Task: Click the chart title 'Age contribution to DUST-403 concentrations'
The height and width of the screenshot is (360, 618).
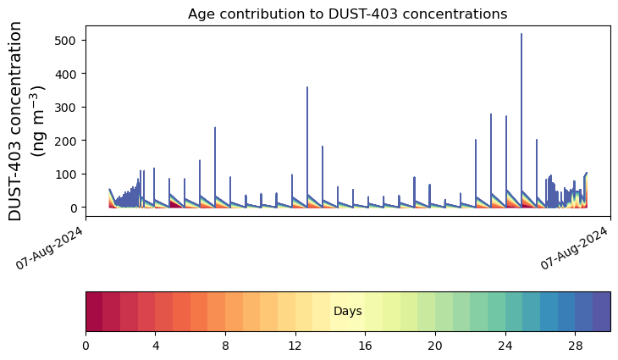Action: pos(347,14)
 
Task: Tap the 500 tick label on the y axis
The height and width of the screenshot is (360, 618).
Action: pos(65,40)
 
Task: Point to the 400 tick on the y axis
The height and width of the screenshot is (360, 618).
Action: pos(65,74)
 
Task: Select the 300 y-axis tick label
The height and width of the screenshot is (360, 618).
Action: pos(65,108)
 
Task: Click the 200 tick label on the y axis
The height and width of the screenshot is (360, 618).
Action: pos(65,141)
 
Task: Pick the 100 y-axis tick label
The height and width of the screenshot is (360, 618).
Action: pos(65,174)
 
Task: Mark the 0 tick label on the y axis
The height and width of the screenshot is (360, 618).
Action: pos(74,208)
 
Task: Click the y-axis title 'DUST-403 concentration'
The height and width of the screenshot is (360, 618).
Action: pos(15,121)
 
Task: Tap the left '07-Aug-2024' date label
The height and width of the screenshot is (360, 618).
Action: pos(50,248)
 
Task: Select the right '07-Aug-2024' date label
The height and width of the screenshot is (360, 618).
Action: pos(574,248)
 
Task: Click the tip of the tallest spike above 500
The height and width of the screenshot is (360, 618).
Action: pos(521,34)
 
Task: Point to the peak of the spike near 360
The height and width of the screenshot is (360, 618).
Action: pos(307,87)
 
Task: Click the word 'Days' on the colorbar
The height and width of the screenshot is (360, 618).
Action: pos(348,312)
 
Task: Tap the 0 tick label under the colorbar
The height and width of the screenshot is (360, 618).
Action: pos(86,346)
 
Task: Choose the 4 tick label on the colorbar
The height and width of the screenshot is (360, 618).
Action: pos(156,346)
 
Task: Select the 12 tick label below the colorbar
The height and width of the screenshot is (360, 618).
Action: pos(295,346)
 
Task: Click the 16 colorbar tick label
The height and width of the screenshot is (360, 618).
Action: pos(366,346)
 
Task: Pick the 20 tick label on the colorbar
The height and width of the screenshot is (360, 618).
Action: pos(435,346)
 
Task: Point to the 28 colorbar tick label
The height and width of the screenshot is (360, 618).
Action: pos(576,346)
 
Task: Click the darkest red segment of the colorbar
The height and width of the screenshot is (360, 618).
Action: pos(95,312)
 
